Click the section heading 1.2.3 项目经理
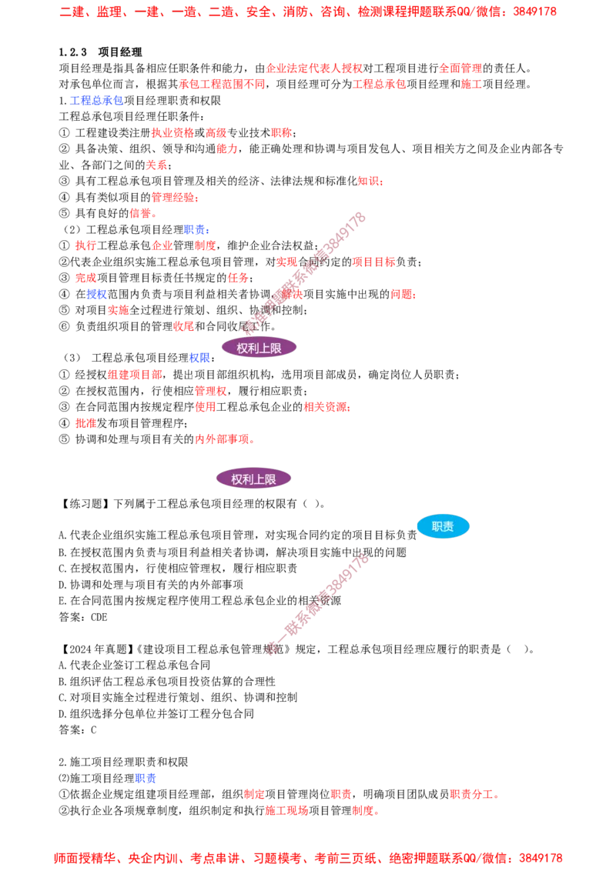[101, 52]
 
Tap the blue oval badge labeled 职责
[443, 526]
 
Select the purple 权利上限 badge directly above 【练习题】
[253, 479]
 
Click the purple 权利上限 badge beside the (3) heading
[259, 349]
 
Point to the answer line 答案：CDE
[83, 617]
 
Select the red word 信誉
[140, 213]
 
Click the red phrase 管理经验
[173, 197]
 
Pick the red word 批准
[85, 423]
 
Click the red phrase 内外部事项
[222, 439]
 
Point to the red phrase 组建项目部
[135, 375]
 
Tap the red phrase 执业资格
[173, 133]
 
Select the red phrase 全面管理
[461, 68]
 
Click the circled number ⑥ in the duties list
[65, 326]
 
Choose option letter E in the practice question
[62, 601]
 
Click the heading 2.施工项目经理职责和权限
[123, 762]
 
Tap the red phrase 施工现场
[286, 810]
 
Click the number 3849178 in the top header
[535, 12]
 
